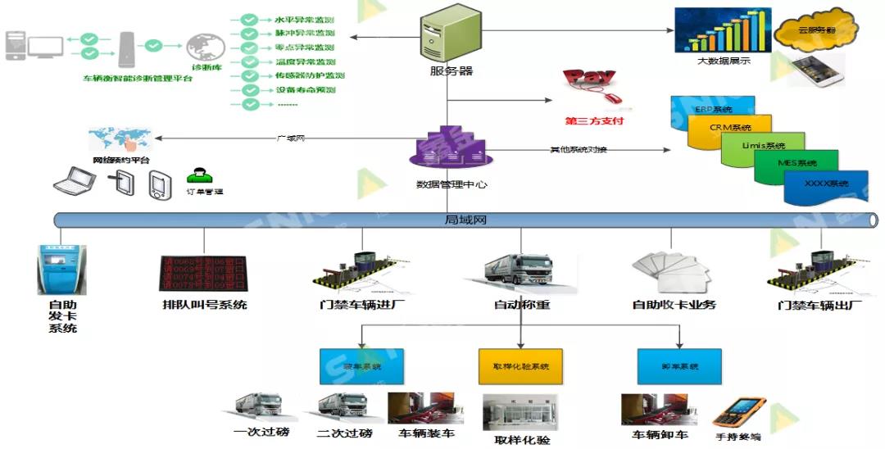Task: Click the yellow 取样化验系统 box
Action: click(521, 366)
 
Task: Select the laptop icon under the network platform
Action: click(71, 180)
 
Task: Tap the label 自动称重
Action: click(521, 305)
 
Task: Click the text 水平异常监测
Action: click(304, 18)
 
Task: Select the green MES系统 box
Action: click(795, 164)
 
